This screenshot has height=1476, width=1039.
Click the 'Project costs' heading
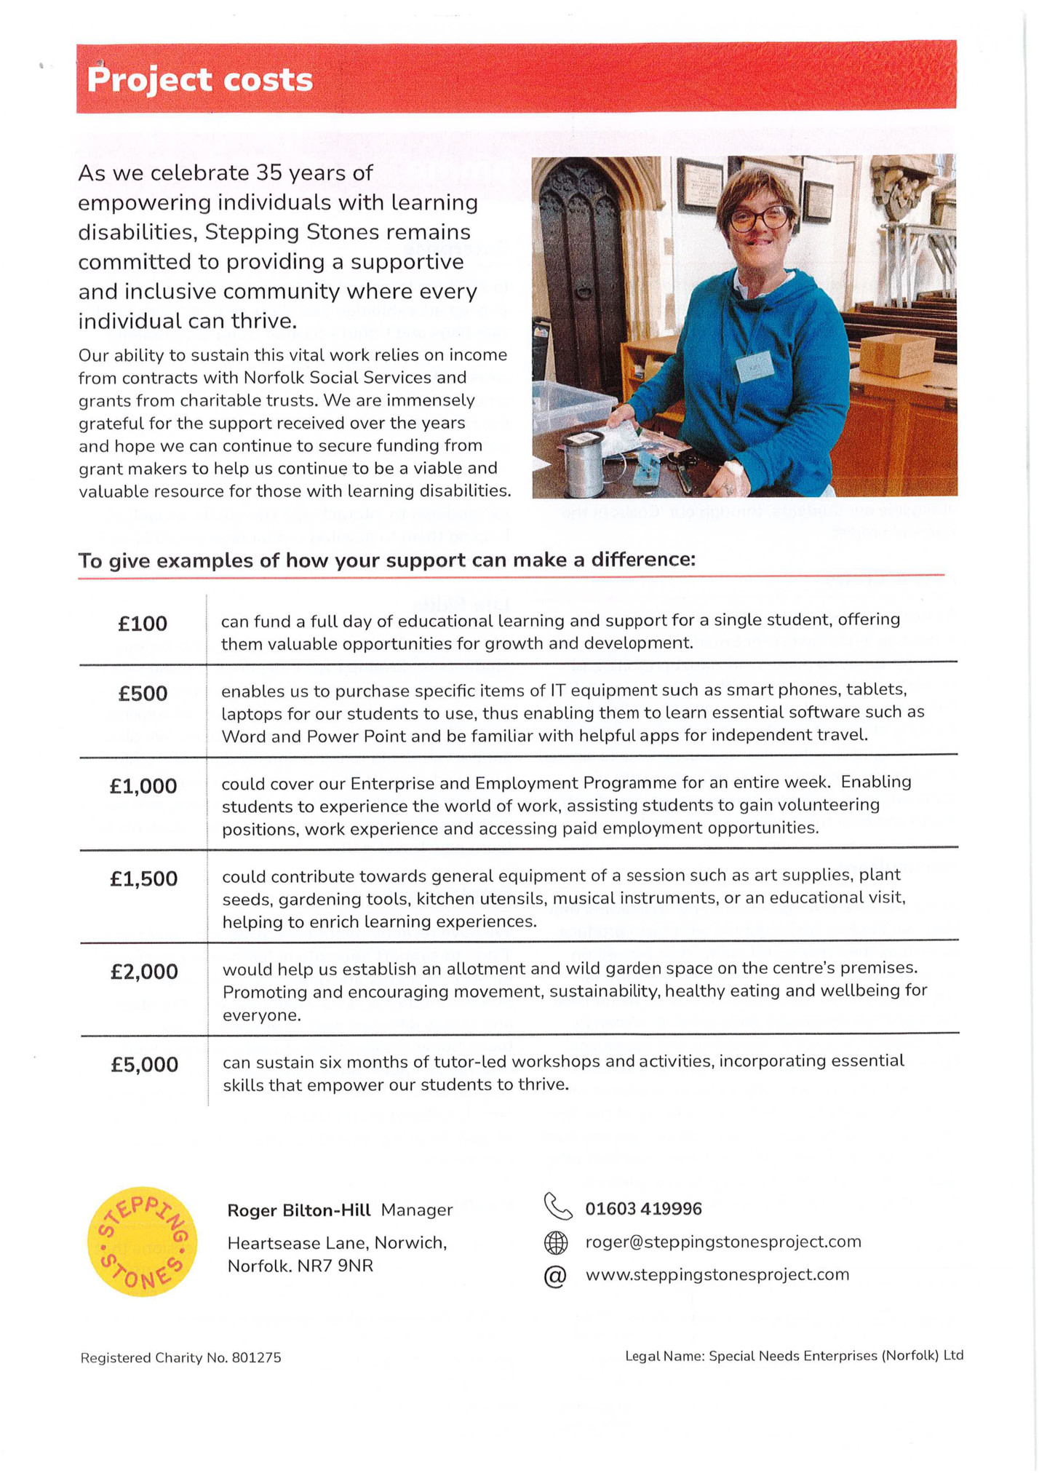199,79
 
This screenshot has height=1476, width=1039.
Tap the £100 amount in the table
143,624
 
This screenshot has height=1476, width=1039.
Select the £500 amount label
143,694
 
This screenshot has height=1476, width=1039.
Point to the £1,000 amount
143,786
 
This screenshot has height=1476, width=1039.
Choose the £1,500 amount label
143,879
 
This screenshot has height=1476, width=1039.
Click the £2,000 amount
144,972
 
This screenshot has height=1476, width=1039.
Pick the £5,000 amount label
144,1065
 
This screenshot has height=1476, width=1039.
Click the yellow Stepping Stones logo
142,1242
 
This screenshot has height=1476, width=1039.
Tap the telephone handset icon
557,1207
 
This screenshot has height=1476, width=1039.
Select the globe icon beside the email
556,1242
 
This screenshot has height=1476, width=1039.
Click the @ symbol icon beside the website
555,1276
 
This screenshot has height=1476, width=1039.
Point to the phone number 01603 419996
643,1209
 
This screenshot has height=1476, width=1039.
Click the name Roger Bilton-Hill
299,1210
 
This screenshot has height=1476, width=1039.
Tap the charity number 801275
256,1358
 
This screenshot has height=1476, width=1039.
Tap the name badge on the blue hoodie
755,365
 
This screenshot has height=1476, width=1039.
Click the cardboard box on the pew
897,354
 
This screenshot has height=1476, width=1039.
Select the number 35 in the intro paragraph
268,173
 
